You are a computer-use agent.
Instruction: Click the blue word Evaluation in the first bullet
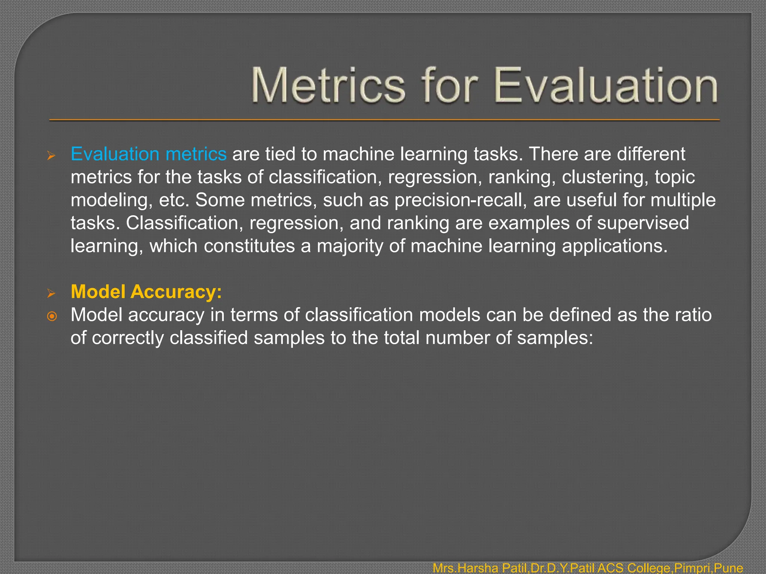(115, 154)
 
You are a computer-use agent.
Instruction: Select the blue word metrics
(196, 154)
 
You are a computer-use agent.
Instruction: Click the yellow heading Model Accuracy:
(146, 291)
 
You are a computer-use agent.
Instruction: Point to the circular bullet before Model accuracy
(52, 317)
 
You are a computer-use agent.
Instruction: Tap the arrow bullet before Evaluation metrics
(51, 156)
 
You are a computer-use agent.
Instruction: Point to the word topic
(674, 177)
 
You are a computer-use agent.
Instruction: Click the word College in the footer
(649, 568)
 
